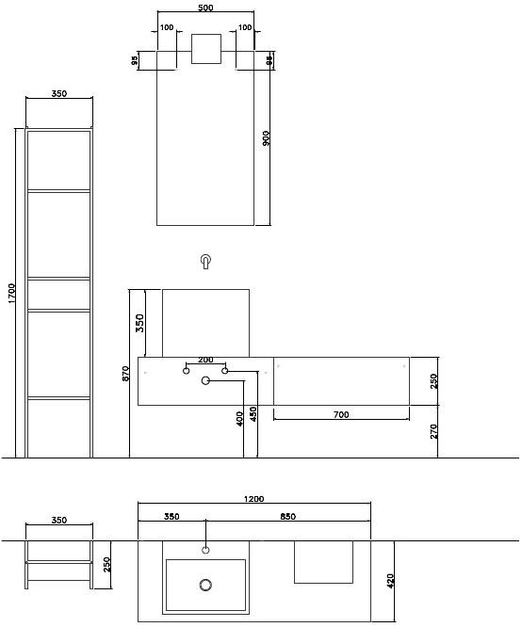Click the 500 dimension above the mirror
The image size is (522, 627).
point(205,8)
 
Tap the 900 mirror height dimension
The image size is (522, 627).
point(267,138)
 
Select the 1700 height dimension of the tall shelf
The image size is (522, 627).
point(11,293)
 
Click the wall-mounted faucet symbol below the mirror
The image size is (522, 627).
point(205,261)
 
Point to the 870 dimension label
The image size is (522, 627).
point(126,374)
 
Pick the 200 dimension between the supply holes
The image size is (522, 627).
point(205,360)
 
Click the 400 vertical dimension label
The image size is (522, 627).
point(239,419)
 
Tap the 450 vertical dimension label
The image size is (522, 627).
point(253,414)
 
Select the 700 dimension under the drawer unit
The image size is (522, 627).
point(341,414)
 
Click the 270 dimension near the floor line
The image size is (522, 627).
point(434,431)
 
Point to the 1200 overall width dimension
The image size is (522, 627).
point(253,499)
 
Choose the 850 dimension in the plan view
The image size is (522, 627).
point(287,516)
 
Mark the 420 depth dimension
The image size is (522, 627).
point(391,581)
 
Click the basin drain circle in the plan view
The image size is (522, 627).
point(205,585)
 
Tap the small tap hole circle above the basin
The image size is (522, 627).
point(205,550)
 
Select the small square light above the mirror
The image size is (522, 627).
point(206,49)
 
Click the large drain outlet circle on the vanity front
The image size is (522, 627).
point(205,380)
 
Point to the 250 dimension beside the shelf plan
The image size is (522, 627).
point(106,565)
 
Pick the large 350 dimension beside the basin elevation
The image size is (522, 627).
point(139,323)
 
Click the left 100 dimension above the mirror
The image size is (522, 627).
point(167,27)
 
